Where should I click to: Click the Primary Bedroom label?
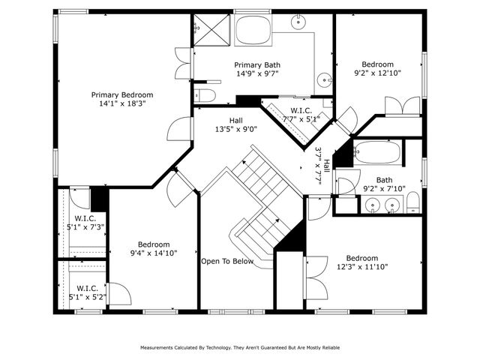(x=122, y=94)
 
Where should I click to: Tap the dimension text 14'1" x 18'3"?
(x=122, y=104)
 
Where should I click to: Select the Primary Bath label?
(x=257, y=65)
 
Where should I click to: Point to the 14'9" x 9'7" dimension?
(x=257, y=74)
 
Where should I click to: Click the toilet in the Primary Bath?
(x=205, y=95)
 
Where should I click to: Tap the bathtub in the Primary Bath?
(x=254, y=31)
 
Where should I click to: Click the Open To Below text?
(x=227, y=262)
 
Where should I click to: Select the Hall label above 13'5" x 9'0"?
(x=236, y=119)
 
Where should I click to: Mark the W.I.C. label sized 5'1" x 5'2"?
(x=88, y=288)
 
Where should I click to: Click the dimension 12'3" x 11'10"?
(x=362, y=266)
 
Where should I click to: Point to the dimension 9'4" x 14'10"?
(x=153, y=253)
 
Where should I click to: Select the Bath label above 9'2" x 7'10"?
(x=384, y=180)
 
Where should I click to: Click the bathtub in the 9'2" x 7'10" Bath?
(x=378, y=153)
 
